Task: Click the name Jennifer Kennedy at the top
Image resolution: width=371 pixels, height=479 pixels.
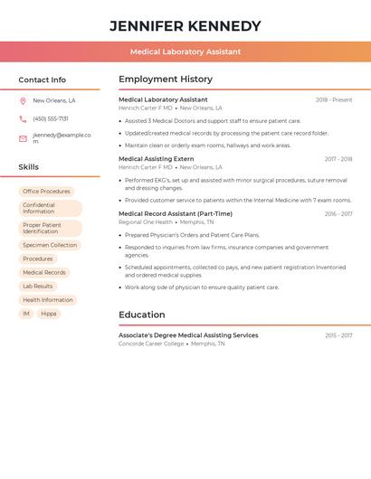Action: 185,26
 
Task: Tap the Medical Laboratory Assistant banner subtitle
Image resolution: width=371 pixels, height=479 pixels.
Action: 185,52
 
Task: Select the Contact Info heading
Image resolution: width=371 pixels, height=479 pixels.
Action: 42,80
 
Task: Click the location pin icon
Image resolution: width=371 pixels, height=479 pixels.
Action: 23,100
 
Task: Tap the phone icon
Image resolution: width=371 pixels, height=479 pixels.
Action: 23,118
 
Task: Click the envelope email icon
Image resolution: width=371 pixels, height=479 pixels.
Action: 23,138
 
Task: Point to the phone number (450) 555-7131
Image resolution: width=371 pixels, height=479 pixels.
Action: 51,118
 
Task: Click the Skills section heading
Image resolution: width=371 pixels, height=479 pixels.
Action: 28,167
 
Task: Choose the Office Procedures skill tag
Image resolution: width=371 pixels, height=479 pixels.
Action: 46,192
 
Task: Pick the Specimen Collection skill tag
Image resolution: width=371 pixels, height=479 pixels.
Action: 50,245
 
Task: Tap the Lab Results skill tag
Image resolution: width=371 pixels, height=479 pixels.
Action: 37,286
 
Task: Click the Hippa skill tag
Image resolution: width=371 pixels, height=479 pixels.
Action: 49,314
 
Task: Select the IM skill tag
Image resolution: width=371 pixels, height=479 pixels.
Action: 26,314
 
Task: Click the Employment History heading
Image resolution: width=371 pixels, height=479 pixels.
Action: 165,79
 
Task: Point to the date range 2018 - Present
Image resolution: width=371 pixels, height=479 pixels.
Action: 334,99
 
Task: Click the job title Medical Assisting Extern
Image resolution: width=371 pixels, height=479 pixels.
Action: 156,159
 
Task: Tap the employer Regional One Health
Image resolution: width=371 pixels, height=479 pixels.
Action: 146,221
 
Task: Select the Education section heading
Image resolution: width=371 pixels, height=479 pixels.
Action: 141,315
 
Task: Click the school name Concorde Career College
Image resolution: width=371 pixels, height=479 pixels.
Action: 151,343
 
